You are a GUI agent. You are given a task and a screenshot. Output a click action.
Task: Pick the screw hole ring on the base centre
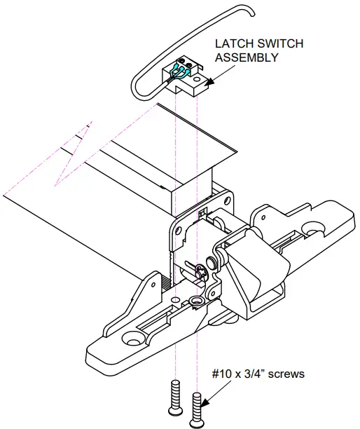pyautogui.click(x=195, y=302)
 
